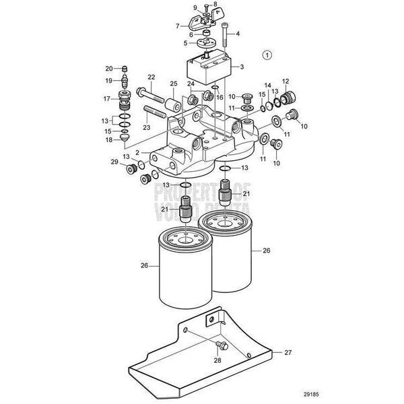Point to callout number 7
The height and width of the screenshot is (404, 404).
point(178,26)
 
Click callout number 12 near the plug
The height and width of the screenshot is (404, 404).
point(285,81)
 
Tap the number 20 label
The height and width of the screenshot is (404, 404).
point(108,68)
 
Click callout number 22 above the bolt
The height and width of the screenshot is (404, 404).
point(151,77)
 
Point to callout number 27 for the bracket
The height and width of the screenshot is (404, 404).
point(287,352)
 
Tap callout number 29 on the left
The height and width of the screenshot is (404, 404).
point(114,163)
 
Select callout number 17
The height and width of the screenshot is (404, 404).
point(106,98)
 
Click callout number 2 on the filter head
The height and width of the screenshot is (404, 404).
point(139,152)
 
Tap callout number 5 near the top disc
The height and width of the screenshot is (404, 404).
point(176,44)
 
